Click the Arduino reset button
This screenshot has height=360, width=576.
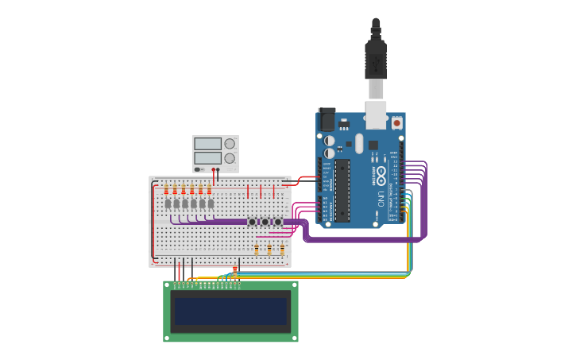396,122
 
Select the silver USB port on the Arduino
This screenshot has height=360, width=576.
376,114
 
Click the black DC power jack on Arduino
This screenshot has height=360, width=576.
327,120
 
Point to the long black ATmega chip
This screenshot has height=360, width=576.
342,190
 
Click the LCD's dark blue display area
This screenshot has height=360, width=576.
230,311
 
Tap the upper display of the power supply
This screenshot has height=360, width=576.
207,144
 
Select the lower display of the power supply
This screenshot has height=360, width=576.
207,158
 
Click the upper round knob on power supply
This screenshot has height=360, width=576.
230,144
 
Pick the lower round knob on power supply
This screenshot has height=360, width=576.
230,158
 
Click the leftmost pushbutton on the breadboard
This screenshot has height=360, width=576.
253,221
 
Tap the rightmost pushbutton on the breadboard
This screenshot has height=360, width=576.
278,221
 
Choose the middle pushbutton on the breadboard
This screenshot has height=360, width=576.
265,221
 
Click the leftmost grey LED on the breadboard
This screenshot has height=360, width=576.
168,203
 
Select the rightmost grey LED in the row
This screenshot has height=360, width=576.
211,203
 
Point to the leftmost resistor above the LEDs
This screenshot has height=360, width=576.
166,190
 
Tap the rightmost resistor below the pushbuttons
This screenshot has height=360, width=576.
282,250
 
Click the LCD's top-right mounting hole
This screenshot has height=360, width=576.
294,285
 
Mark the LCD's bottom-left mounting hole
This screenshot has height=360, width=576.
168,338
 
